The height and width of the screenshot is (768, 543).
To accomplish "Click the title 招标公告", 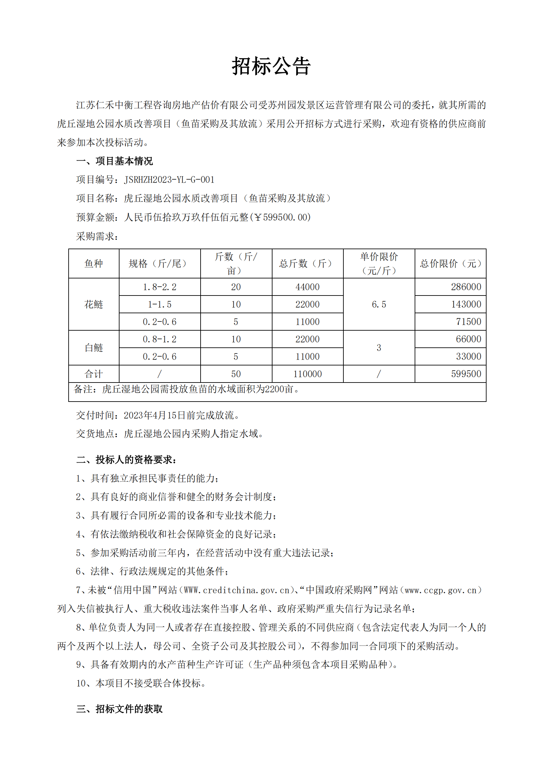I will pyautogui.click(x=271, y=66).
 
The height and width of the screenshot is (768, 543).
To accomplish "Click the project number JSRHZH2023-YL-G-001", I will pyautogui.click(x=169, y=180).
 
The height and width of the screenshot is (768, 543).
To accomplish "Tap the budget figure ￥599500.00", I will pyautogui.click(x=283, y=217).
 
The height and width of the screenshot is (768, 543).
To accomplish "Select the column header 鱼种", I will pyautogui.click(x=94, y=264).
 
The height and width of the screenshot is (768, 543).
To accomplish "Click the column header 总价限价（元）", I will pyautogui.click(x=450, y=264).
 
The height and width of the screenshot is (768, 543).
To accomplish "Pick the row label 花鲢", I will pyautogui.click(x=94, y=304).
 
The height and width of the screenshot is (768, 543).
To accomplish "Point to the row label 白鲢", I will pyautogui.click(x=94, y=348).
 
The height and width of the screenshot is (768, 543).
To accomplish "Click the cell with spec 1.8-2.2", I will pyautogui.click(x=160, y=287).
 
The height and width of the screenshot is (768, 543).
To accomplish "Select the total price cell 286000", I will pyautogui.click(x=466, y=287).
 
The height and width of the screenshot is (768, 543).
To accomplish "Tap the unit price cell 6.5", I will pyautogui.click(x=379, y=304).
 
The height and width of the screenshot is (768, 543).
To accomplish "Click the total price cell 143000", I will pyautogui.click(x=466, y=304).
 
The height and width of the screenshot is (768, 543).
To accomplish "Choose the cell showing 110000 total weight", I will pyautogui.click(x=307, y=374).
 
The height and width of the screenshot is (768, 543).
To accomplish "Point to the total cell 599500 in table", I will pyautogui.click(x=466, y=374).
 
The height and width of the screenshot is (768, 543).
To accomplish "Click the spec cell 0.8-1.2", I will pyautogui.click(x=160, y=339).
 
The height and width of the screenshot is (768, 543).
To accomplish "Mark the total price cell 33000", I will pyautogui.click(x=468, y=357).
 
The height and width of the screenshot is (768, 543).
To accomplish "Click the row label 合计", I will pyautogui.click(x=94, y=374).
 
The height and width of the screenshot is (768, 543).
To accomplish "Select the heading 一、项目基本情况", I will pyautogui.click(x=114, y=161).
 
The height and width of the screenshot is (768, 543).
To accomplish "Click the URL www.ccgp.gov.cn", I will pyautogui.click(x=440, y=590).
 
